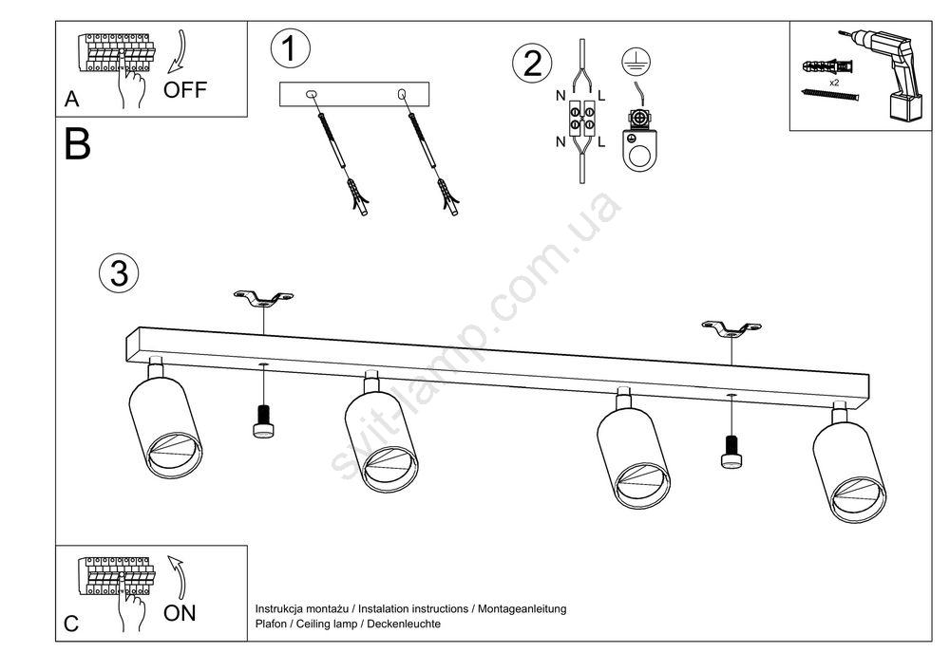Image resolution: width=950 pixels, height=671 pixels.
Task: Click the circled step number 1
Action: (x=289, y=49)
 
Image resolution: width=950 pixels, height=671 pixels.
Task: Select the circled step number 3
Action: (x=119, y=273)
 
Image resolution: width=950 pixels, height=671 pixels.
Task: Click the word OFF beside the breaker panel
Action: (x=184, y=91)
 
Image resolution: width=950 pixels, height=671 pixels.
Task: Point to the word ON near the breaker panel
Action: (x=180, y=613)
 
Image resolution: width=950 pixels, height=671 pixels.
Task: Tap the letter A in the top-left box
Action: (x=71, y=99)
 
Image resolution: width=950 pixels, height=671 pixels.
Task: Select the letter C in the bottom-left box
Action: (x=71, y=624)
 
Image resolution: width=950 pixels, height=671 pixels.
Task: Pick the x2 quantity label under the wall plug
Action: (x=833, y=84)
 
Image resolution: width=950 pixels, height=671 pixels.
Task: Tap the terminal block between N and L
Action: (x=582, y=119)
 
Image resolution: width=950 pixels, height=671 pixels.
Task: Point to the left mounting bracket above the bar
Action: (x=263, y=299)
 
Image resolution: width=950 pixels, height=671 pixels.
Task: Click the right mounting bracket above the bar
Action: (x=731, y=328)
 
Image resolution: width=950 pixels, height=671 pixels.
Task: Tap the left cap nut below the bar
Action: (x=263, y=421)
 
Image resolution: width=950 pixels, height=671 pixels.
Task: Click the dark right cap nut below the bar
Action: (x=731, y=452)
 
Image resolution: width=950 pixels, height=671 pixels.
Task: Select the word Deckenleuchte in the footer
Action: (x=404, y=624)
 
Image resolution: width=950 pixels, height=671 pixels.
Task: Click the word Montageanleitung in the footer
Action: (x=522, y=608)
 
